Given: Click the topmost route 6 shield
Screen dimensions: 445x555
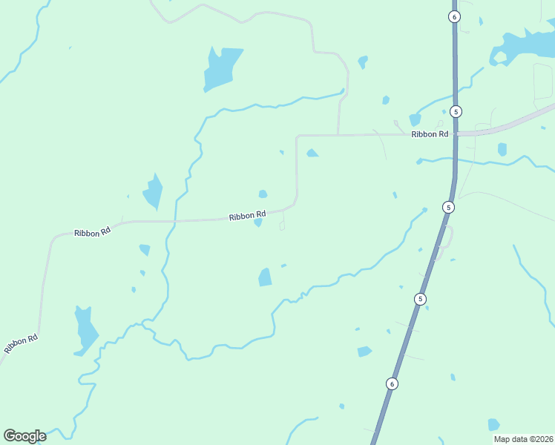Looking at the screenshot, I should pos(455,16).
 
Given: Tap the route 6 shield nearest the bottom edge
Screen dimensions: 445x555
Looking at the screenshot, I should pos(392,383).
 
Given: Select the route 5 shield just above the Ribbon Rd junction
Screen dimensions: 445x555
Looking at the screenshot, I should pos(456,111).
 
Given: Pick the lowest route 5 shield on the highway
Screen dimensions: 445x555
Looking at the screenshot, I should pos(421,299).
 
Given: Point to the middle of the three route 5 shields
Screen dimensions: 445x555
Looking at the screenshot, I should pos(447,207).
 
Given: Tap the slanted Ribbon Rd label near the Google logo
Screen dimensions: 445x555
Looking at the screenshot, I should pos(21,343).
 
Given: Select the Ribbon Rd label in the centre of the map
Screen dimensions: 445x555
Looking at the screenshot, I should pos(247,216).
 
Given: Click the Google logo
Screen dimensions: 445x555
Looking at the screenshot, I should pos(24,436).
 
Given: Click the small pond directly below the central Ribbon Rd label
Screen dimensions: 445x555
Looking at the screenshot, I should pos(257,222).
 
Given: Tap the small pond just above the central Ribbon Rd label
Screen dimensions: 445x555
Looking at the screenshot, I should pos(263,194).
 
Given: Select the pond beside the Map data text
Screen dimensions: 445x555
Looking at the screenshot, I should pos(493,425).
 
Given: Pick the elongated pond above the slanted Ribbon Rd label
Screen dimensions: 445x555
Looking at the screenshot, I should pos(85,329).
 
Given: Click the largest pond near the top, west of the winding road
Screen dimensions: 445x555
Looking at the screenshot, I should pos(221,67).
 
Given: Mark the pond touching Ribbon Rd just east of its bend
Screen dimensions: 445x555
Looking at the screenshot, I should pos(312,154).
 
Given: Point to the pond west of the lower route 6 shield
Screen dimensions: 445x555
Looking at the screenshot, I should pos(364,352).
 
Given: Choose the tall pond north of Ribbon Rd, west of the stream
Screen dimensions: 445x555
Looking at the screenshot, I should pos(154,191).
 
